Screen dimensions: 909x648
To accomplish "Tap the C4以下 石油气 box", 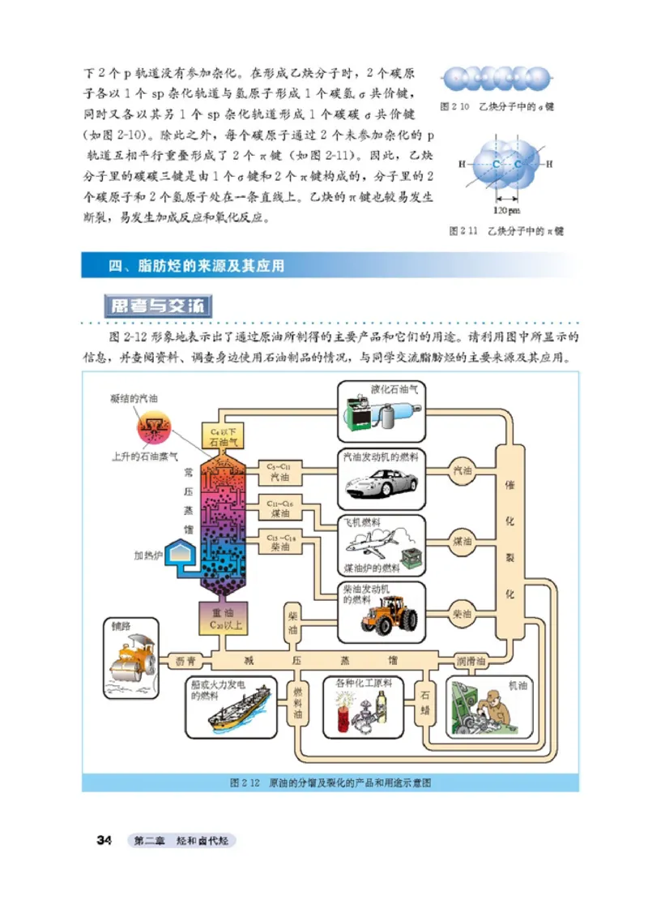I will click(x=220, y=437).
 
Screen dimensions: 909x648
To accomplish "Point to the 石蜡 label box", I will click(x=426, y=701).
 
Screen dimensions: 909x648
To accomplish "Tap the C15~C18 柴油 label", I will click(x=279, y=541).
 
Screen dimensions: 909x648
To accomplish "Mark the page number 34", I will click(x=104, y=840).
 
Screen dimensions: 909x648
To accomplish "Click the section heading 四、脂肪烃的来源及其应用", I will click(x=198, y=266).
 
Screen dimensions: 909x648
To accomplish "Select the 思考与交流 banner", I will click(x=159, y=307).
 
